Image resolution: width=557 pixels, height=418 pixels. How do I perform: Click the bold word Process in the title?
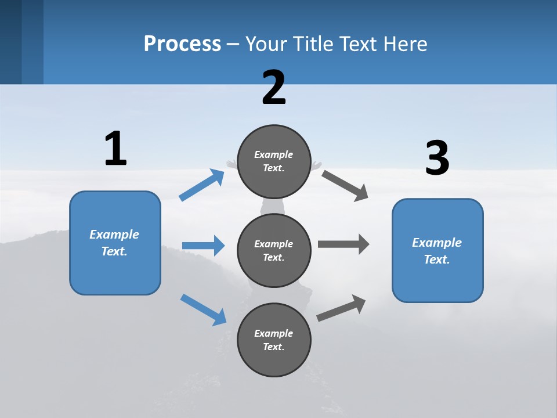(x=182, y=44)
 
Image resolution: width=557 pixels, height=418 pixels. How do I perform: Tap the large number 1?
(x=115, y=149)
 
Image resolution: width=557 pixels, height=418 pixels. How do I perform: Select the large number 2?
(x=274, y=88)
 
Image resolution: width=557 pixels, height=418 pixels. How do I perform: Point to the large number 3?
(x=437, y=158)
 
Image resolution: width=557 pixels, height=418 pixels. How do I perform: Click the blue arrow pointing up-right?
(x=202, y=185)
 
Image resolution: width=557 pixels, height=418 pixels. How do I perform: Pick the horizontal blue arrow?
(x=203, y=246)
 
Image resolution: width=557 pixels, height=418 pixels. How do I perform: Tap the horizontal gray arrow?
(x=343, y=244)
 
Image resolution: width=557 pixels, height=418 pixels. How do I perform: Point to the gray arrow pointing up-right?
(x=342, y=308)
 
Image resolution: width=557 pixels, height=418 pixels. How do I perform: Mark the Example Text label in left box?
(x=114, y=243)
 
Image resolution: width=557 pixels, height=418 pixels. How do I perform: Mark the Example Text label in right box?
(x=437, y=251)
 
